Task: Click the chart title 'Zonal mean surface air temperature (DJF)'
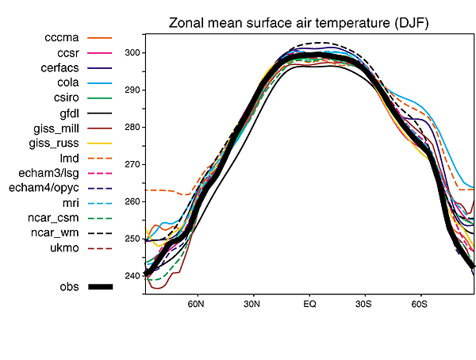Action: click(298, 24)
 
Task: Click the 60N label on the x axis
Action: click(196, 304)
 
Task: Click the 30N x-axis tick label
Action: click(252, 304)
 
